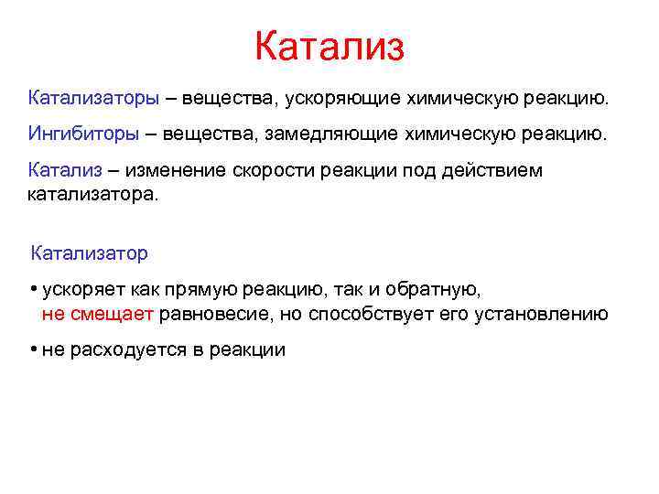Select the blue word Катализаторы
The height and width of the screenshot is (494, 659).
tap(94, 97)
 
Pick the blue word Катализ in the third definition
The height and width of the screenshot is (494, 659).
tap(65, 171)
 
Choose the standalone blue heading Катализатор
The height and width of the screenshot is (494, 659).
tap(90, 252)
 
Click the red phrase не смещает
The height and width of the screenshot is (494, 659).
tap(100, 315)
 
